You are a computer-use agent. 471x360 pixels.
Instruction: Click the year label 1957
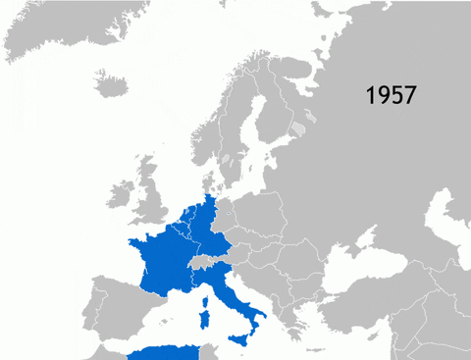[392, 95]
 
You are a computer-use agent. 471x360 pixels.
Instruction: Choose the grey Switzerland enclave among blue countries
[200, 264]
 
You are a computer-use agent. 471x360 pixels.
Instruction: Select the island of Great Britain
[149, 201]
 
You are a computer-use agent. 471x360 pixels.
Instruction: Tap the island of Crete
[314, 349]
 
